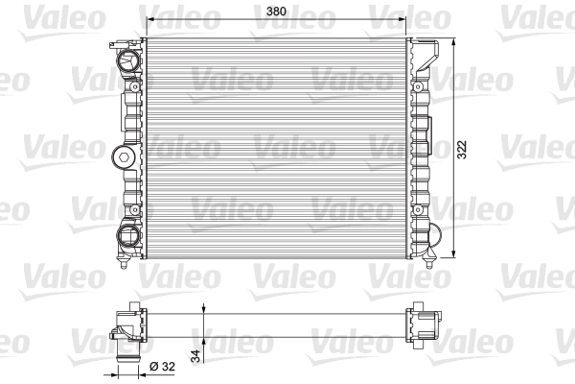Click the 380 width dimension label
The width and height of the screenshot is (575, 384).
click(275, 12)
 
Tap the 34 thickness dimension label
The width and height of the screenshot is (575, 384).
click(197, 355)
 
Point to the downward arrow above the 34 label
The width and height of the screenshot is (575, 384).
click(204, 309)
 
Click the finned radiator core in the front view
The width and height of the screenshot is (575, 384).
click(275, 149)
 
